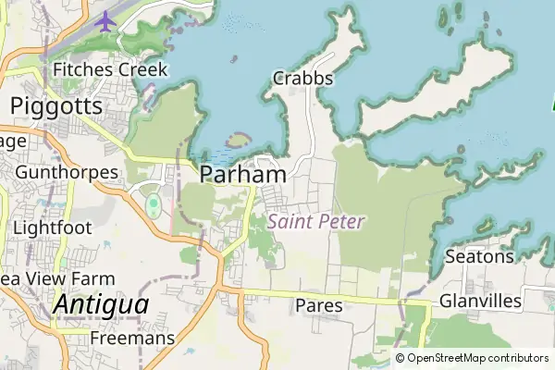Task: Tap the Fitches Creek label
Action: (x=110, y=69)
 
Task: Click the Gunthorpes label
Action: (x=67, y=172)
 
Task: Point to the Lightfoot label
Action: (x=48, y=227)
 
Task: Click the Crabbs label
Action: (x=302, y=79)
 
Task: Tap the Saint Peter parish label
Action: (x=316, y=222)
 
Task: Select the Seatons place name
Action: (x=479, y=255)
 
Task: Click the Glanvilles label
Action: (x=480, y=302)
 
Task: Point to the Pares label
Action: (x=319, y=305)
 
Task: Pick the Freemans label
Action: (x=132, y=339)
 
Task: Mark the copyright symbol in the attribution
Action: (x=401, y=358)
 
